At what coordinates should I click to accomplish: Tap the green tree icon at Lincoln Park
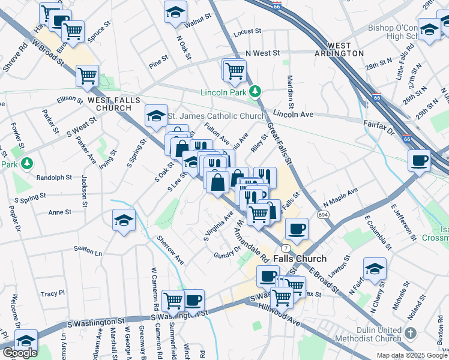click(x=256, y=91)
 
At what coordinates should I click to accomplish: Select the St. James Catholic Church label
click(x=216, y=116)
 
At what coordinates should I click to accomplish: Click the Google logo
click(x=20, y=353)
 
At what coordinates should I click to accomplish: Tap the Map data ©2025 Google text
click(x=412, y=355)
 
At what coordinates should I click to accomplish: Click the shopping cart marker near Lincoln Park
click(x=235, y=70)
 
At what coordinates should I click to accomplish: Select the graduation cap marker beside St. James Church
click(x=156, y=115)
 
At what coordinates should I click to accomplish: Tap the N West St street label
click(x=259, y=53)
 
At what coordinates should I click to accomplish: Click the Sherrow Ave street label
click(x=170, y=251)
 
